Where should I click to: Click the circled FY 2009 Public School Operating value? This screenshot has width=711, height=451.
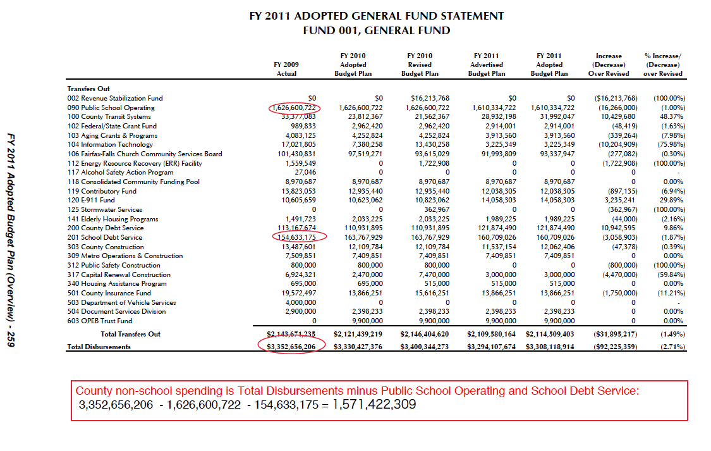[294, 108]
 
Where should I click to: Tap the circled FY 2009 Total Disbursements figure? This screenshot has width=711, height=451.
[291, 347]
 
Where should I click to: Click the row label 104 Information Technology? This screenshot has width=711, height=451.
[110, 145]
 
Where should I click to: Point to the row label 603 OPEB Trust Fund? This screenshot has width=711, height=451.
[100, 321]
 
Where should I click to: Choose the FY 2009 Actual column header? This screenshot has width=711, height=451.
[286, 69]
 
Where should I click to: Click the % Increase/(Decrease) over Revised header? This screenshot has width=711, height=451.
[662, 65]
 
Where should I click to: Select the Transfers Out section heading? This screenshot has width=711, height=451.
[88, 89]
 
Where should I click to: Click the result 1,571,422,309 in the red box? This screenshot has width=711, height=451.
[374, 404]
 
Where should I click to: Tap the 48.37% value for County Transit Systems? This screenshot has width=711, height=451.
[672, 117]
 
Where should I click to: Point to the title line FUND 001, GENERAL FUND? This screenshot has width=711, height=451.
[377, 31]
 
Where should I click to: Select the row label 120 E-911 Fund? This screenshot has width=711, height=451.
[91, 200]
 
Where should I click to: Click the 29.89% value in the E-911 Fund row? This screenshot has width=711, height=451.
[672, 200]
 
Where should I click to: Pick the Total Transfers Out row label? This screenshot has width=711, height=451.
[131, 335]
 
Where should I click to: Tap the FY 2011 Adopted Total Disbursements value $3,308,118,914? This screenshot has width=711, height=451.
[550, 347]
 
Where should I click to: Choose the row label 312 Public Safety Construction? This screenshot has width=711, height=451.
[114, 266]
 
